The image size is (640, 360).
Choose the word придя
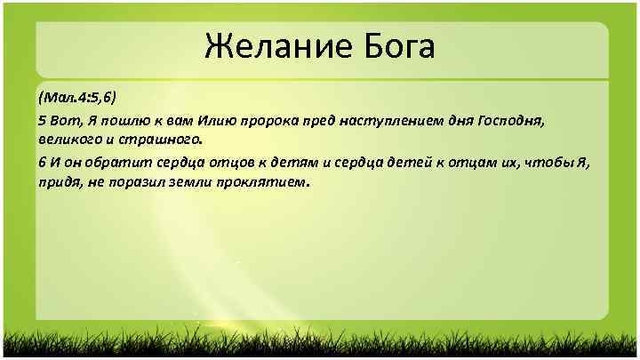(57, 182)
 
